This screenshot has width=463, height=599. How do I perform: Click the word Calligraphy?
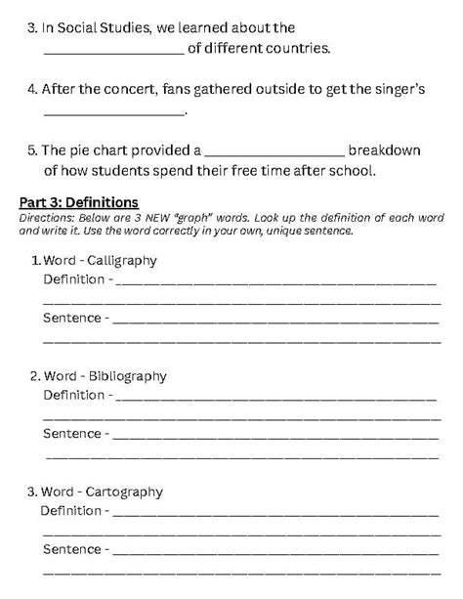[x=122, y=261]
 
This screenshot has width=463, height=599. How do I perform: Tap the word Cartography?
[x=125, y=492]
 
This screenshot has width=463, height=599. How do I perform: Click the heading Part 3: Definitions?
[x=79, y=202]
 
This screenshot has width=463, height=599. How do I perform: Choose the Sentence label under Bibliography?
[x=71, y=433]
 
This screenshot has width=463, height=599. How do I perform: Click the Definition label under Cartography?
[x=70, y=510]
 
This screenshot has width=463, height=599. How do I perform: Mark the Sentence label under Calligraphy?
[x=71, y=318]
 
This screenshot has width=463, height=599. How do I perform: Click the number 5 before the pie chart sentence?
[x=30, y=150]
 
